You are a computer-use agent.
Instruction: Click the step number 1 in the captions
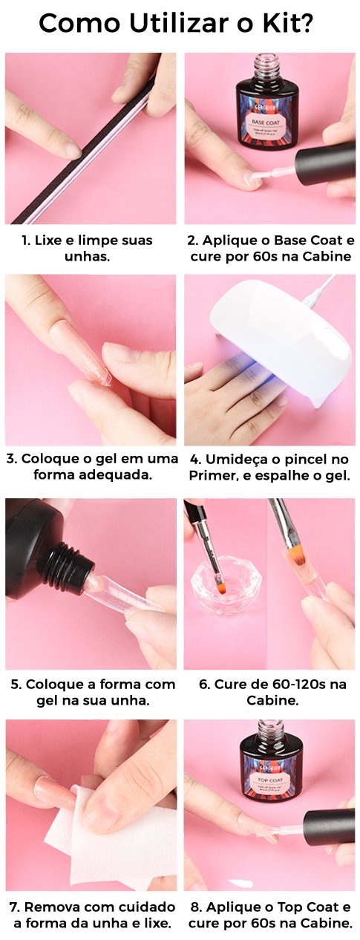click(25, 241)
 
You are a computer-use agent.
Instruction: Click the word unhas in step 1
click(88, 256)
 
